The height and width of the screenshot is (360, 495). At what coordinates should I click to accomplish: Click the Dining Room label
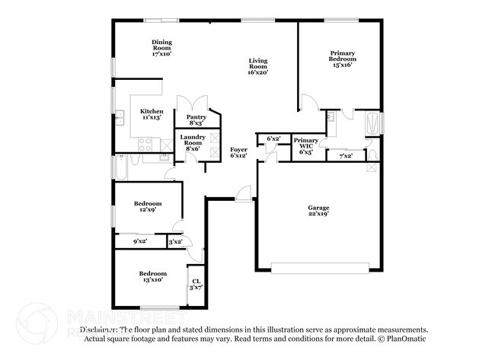161,48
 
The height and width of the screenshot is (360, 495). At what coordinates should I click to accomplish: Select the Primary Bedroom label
341,59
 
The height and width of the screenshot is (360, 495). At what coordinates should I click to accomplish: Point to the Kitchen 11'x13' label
151,114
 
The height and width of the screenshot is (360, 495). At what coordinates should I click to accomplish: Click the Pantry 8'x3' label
195,119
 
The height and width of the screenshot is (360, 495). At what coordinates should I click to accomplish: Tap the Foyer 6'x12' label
239,152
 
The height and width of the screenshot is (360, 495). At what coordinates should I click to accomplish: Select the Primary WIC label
305,146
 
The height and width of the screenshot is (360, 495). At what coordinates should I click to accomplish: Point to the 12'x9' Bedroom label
148,206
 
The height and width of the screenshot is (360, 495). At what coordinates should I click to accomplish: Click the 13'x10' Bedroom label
152,276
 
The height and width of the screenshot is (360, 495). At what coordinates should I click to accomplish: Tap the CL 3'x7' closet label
195,284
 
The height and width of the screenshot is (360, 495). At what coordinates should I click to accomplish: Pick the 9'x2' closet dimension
140,241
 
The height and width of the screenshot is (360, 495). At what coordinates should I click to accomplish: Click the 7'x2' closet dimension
345,155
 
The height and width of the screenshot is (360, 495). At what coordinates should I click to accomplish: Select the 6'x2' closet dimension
273,139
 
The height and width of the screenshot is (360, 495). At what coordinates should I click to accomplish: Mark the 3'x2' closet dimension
175,241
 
